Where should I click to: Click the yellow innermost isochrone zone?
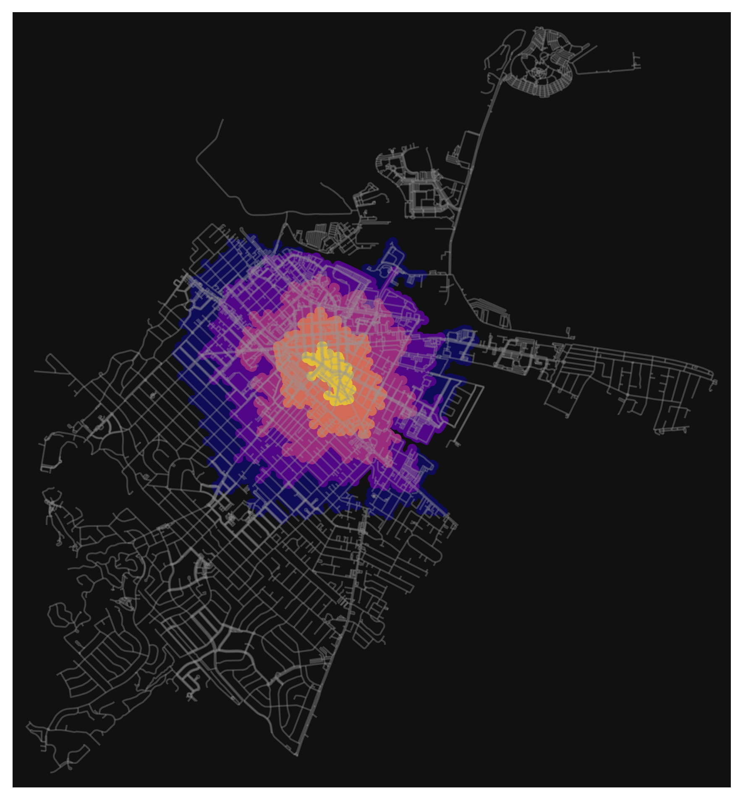(332, 373)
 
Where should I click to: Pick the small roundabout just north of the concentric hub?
(544, 55)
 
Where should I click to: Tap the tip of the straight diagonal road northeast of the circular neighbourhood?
(596, 46)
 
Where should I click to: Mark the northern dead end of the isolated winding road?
(222, 120)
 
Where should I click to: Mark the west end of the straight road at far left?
(35, 371)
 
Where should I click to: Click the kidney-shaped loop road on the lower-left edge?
(59, 615)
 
